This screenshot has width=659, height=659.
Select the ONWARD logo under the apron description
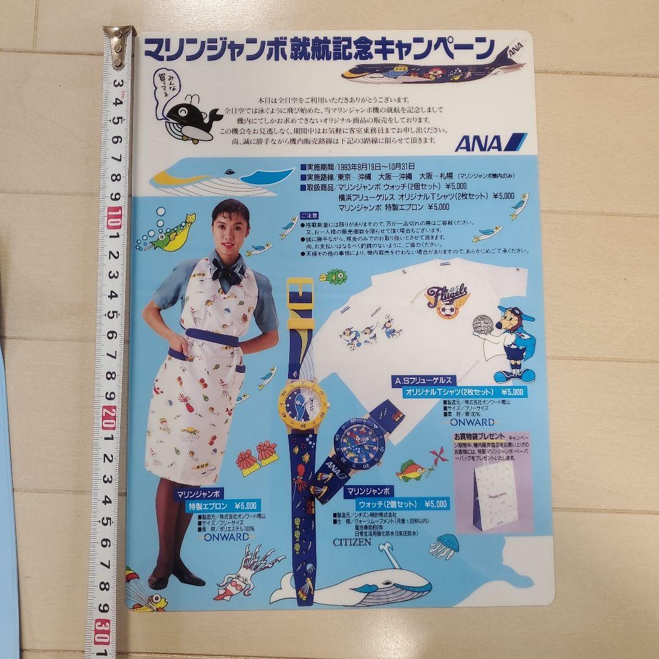[227, 537]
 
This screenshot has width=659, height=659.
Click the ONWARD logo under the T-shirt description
[472, 421]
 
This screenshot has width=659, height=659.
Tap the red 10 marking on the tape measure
[114, 217]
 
